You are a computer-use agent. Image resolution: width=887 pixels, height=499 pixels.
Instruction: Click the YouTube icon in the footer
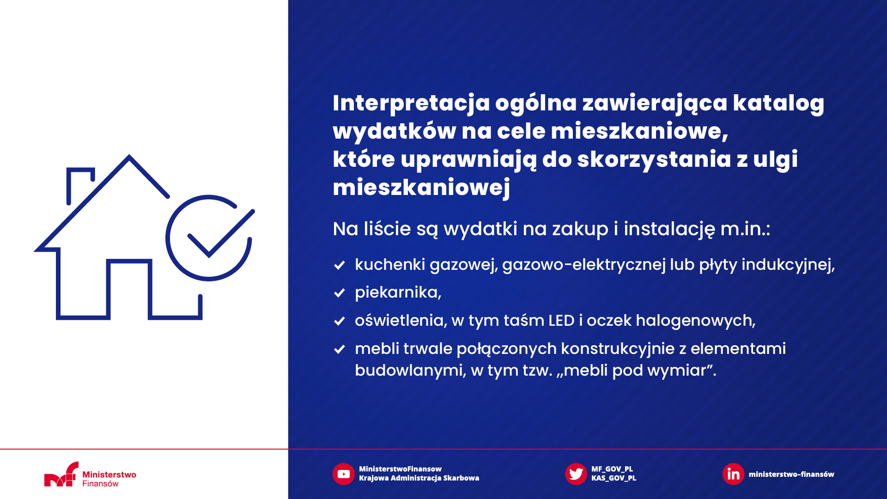[x=343, y=474]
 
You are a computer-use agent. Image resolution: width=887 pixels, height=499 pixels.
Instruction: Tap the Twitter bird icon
[x=576, y=474]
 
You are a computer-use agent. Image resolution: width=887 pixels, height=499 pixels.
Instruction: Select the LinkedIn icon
[x=733, y=474]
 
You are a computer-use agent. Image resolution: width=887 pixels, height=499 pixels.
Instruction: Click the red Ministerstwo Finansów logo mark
[x=61, y=475]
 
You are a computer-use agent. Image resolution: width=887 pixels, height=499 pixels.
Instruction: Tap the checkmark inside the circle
[x=221, y=233]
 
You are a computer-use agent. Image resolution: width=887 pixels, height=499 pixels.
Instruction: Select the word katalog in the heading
[x=778, y=103]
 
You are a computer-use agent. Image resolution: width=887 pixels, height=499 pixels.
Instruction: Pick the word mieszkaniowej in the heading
[x=421, y=188]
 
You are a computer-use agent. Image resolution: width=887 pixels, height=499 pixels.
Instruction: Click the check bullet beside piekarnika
[x=340, y=293]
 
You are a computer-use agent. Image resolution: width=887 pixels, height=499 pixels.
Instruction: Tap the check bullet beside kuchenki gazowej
[x=340, y=265]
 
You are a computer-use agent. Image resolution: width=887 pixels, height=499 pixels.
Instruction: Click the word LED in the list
[x=561, y=321]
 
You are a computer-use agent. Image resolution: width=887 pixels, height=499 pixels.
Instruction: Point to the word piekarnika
[x=398, y=292]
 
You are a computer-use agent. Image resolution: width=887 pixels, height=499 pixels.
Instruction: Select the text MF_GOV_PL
[x=612, y=469]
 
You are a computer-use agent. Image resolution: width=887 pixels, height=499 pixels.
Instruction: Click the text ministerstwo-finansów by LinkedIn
[x=791, y=474]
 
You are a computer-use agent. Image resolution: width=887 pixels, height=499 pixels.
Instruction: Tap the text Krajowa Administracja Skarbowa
[x=419, y=478]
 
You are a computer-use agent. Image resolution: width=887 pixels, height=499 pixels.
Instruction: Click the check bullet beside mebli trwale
[x=340, y=349]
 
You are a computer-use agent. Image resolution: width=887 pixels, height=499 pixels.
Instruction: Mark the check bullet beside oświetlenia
[x=340, y=321]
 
